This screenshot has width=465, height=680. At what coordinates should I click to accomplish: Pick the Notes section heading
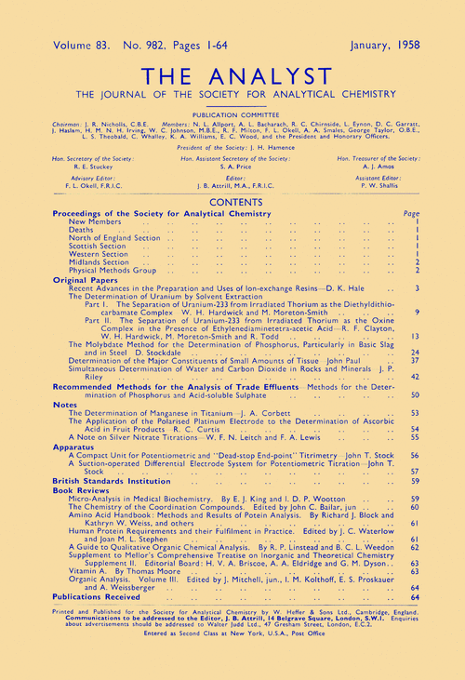pos(64,405)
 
